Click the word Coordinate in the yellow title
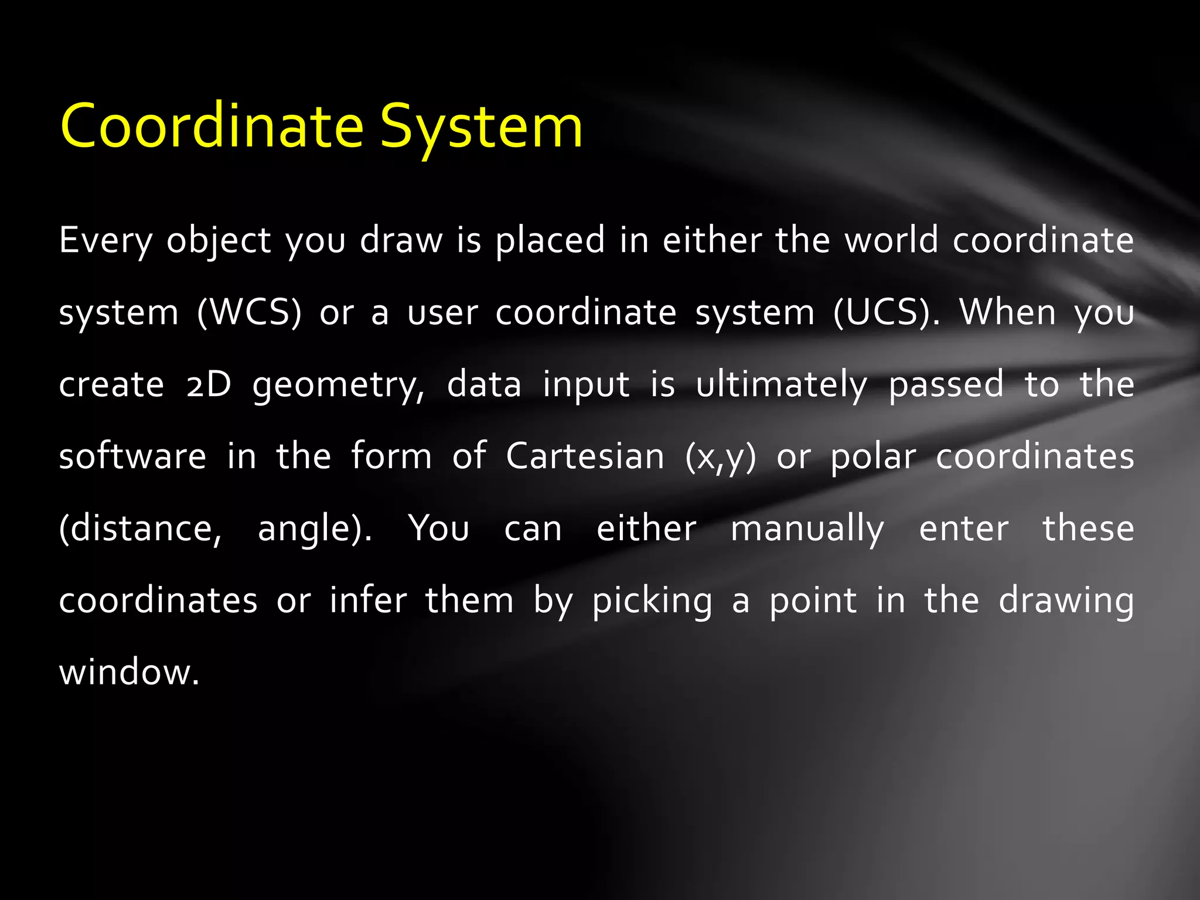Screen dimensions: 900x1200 tap(212, 126)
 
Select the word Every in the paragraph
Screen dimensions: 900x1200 tap(105, 241)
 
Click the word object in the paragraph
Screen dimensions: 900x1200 tap(218, 241)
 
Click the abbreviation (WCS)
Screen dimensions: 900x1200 tap(249, 312)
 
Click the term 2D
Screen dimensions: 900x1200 tap(209, 385)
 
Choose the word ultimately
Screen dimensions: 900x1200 tap(782, 385)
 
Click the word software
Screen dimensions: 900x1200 tap(132, 456)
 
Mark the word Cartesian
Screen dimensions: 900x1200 tap(585, 456)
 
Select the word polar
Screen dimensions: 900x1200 tap(873, 456)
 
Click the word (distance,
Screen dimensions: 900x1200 tap(141, 529)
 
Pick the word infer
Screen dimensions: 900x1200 tap(368, 601)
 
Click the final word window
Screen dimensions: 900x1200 tap(129, 672)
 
